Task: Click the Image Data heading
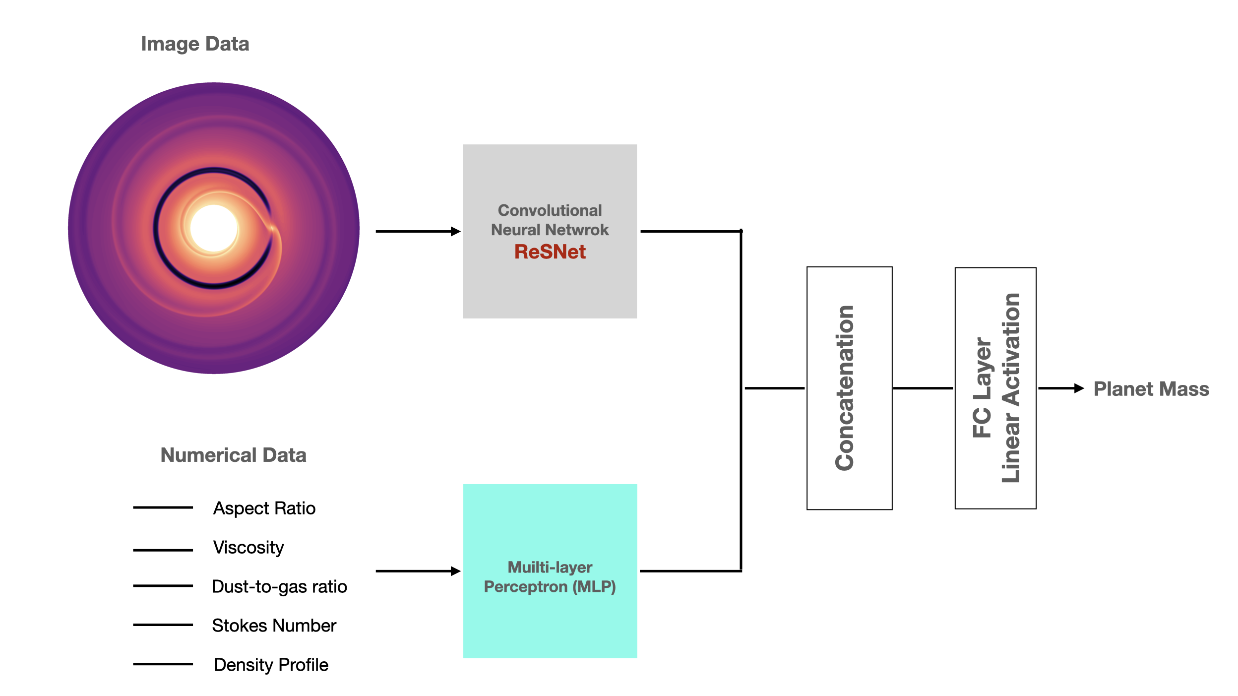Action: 195,44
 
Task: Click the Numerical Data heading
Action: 233,455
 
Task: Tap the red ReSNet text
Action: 550,252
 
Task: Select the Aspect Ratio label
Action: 264,508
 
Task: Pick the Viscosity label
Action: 248,547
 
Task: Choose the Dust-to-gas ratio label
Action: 279,586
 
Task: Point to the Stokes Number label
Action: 274,626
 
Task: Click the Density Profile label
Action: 271,665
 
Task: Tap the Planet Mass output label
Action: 1151,389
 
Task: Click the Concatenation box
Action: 849,388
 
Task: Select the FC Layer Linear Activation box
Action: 995,388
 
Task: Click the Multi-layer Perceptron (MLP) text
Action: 550,577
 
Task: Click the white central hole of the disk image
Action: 214,228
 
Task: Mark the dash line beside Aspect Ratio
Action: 163,507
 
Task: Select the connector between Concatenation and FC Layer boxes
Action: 923,388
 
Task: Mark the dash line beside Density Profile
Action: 163,664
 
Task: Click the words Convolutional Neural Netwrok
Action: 550,220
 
